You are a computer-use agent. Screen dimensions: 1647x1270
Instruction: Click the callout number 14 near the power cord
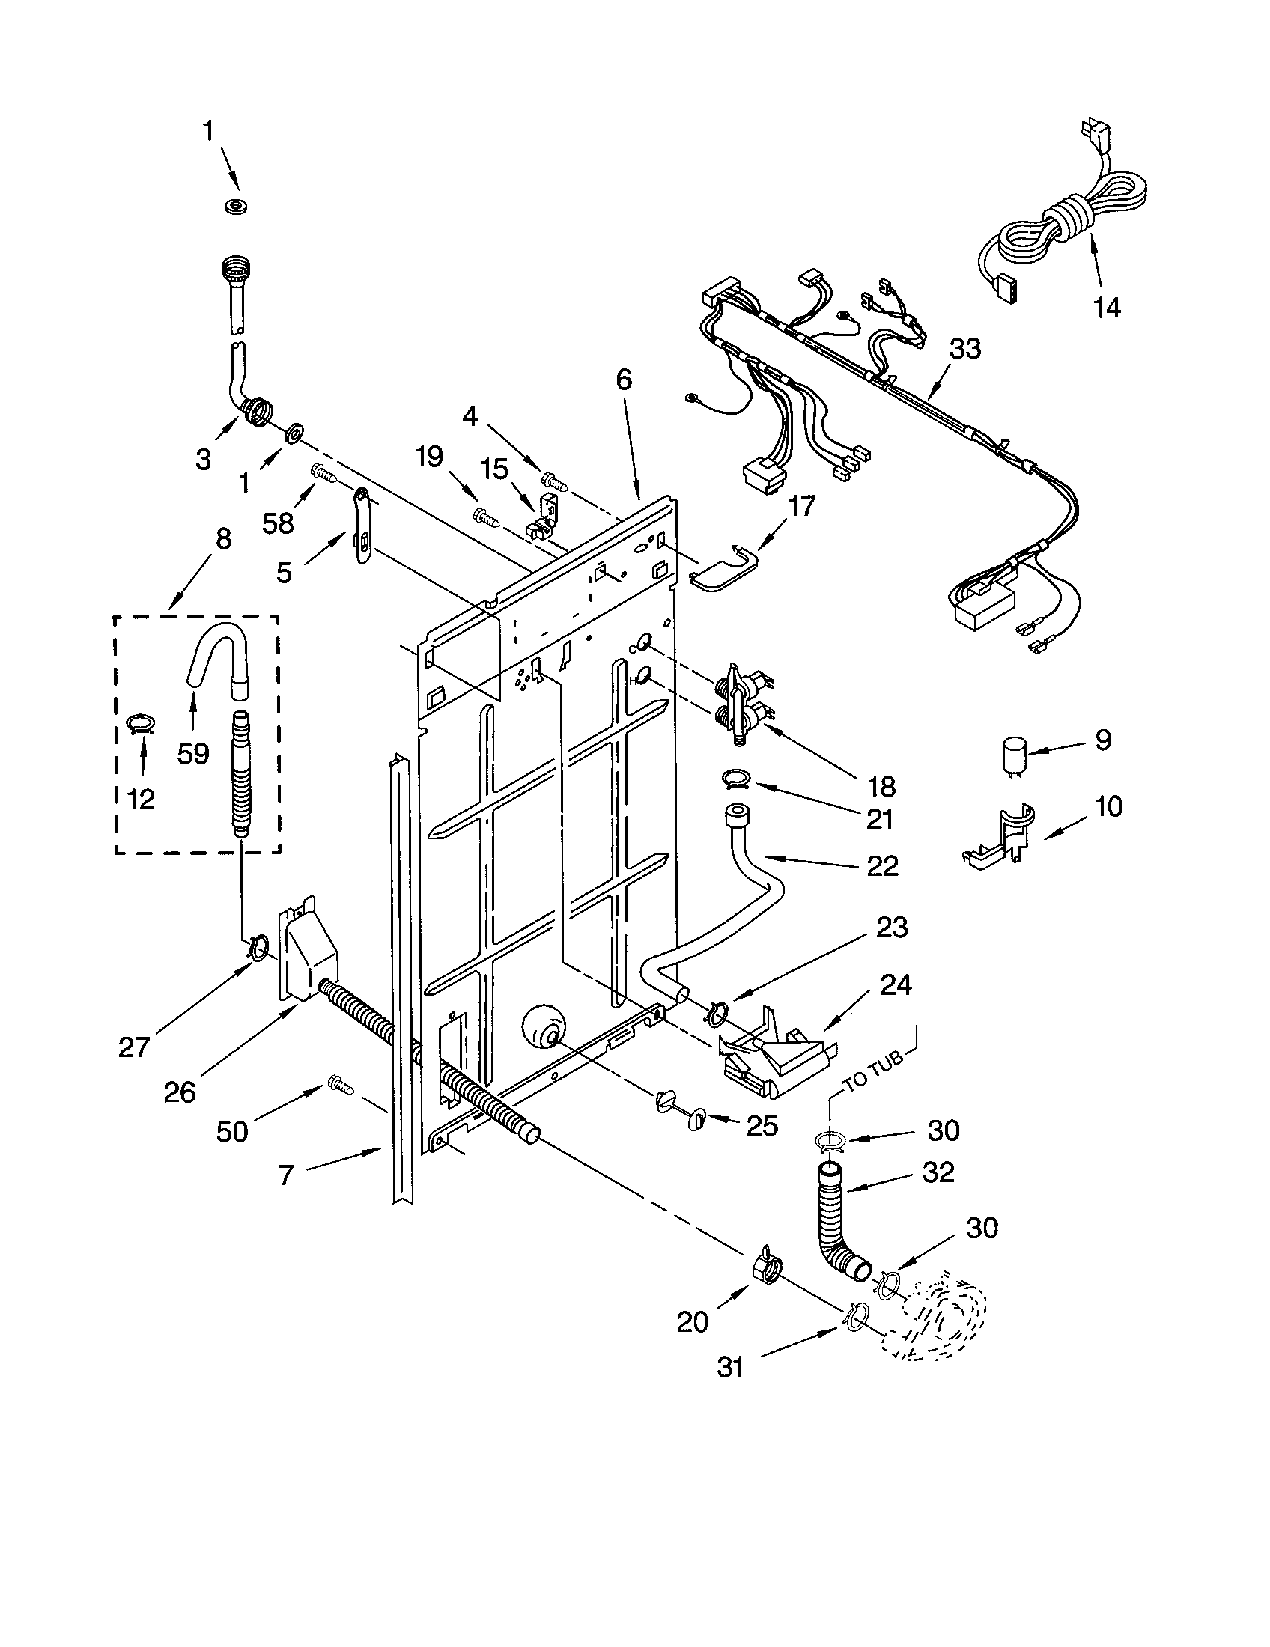(x=1106, y=308)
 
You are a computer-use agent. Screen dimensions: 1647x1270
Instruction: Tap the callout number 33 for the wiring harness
(x=964, y=349)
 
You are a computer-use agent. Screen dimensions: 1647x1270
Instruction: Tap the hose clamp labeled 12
(x=140, y=724)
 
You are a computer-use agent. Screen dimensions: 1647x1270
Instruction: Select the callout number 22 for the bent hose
(x=882, y=866)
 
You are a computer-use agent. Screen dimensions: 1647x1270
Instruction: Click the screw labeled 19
(x=485, y=517)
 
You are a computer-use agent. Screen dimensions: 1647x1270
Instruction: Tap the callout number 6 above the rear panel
(x=624, y=380)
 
